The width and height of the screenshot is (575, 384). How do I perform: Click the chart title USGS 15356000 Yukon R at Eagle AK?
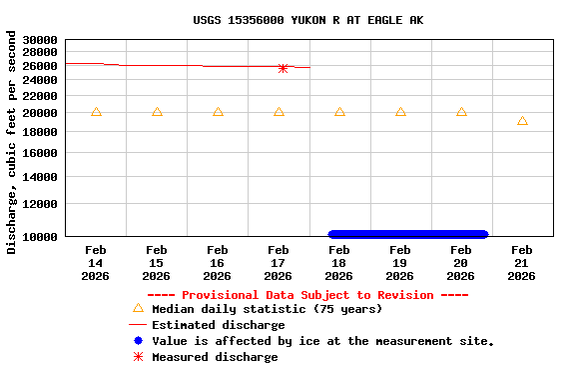coord(307,20)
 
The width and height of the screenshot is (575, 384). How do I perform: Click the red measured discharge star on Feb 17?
coord(283,68)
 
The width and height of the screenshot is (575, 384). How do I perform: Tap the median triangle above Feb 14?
coord(96,111)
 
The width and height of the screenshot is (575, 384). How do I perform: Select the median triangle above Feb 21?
coord(522,121)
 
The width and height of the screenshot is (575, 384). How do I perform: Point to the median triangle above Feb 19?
coord(400,111)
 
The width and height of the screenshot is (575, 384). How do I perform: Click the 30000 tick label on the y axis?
coord(40,40)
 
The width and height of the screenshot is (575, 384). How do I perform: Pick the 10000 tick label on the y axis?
coord(40,236)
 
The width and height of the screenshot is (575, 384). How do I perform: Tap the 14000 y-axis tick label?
coord(40,177)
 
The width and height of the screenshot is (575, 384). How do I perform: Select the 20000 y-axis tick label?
coord(40,113)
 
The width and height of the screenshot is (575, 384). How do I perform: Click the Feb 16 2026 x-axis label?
coord(217,263)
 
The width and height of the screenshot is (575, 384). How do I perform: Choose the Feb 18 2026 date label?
coord(338,263)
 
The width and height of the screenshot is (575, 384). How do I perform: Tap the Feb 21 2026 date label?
coord(521,263)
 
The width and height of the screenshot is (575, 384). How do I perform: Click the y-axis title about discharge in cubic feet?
coord(12,142)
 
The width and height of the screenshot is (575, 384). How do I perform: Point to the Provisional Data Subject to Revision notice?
coord(307,295)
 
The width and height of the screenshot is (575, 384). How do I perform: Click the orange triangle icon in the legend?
coord(138,309)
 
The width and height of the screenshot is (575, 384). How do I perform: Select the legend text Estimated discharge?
coord(218,325)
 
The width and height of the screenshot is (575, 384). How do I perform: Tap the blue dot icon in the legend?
coord(138,341)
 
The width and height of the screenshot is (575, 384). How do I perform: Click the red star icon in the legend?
coord(138,357)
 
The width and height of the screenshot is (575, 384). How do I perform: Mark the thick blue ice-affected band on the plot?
coord(407,235)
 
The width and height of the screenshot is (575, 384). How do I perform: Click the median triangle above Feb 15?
coord(157,111)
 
